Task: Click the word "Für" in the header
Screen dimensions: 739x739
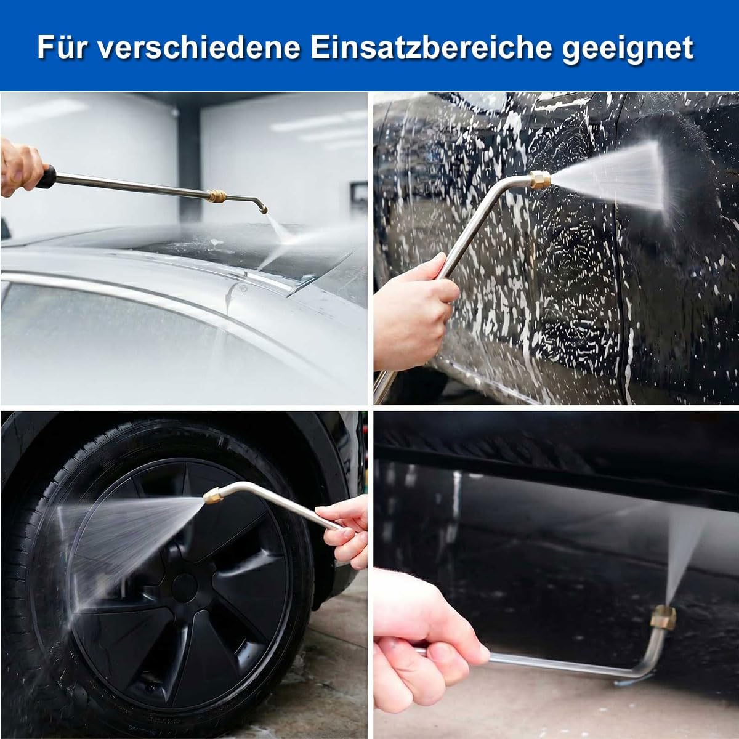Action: (61, 48)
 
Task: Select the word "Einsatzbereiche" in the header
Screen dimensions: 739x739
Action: (430, 48)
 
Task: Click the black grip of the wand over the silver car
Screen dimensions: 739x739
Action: (46, 176)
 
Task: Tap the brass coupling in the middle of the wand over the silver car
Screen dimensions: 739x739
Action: (217, 196)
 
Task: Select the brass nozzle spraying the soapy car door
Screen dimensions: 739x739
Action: (540, 180)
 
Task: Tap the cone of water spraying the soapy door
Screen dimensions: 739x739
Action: (610, 180)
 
